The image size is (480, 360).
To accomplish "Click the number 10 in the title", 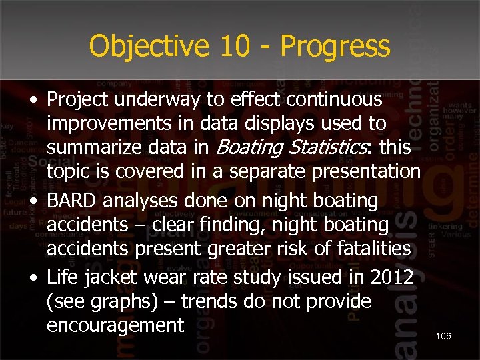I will [235, 46].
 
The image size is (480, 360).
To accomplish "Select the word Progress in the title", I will [335, 47].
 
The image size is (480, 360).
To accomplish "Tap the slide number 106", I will [443, 336].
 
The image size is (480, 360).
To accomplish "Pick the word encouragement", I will [115, 326].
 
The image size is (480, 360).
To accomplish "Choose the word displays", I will [275, 123].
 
